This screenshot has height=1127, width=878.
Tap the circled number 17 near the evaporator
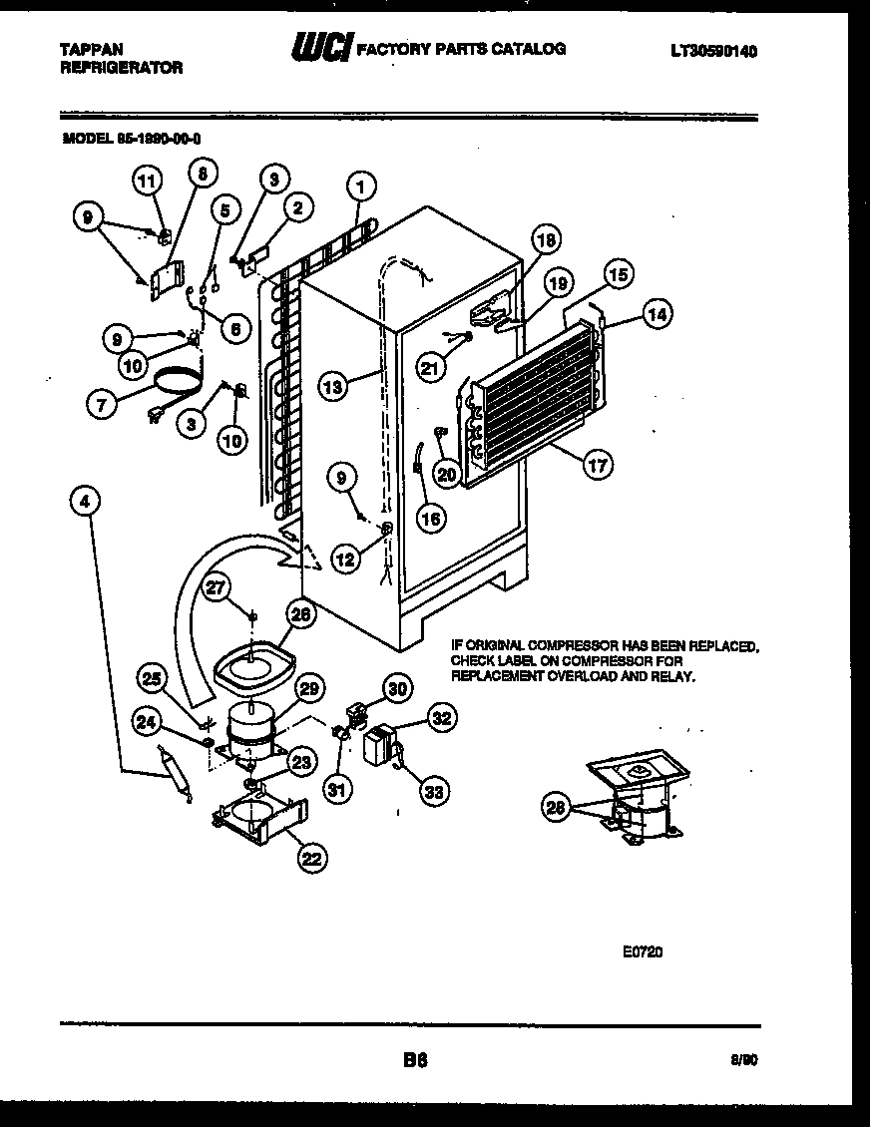tap(599, 464)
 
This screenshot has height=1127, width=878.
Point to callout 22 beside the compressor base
tap(313, 856)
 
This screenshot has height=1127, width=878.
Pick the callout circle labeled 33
tap(433, 793)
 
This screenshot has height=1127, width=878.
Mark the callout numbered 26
tap(301, 615)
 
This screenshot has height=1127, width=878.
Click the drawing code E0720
tap(643, 951)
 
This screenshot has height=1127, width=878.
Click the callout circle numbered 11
tap(147, 181)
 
